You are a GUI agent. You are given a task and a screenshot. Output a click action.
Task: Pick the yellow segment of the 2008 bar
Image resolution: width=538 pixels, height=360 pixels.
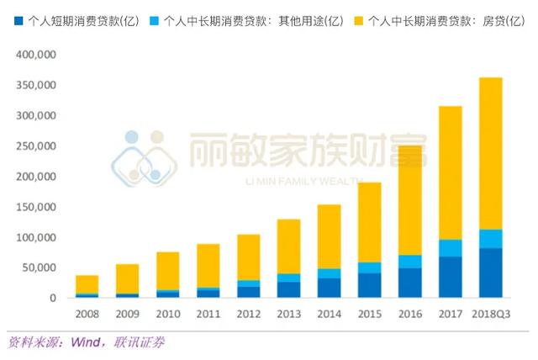[x=88, y=284]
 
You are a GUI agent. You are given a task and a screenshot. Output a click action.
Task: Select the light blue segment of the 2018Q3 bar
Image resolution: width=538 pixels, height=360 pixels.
[x=490, y=239]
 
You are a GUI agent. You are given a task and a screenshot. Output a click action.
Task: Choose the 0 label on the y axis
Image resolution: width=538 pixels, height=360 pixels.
[x=51, y=298]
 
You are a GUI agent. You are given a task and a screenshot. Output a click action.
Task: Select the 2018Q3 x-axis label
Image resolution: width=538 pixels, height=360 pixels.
[x=490, y=314]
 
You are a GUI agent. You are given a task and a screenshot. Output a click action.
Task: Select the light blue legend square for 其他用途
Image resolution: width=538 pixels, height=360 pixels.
[x=150, y=19]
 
